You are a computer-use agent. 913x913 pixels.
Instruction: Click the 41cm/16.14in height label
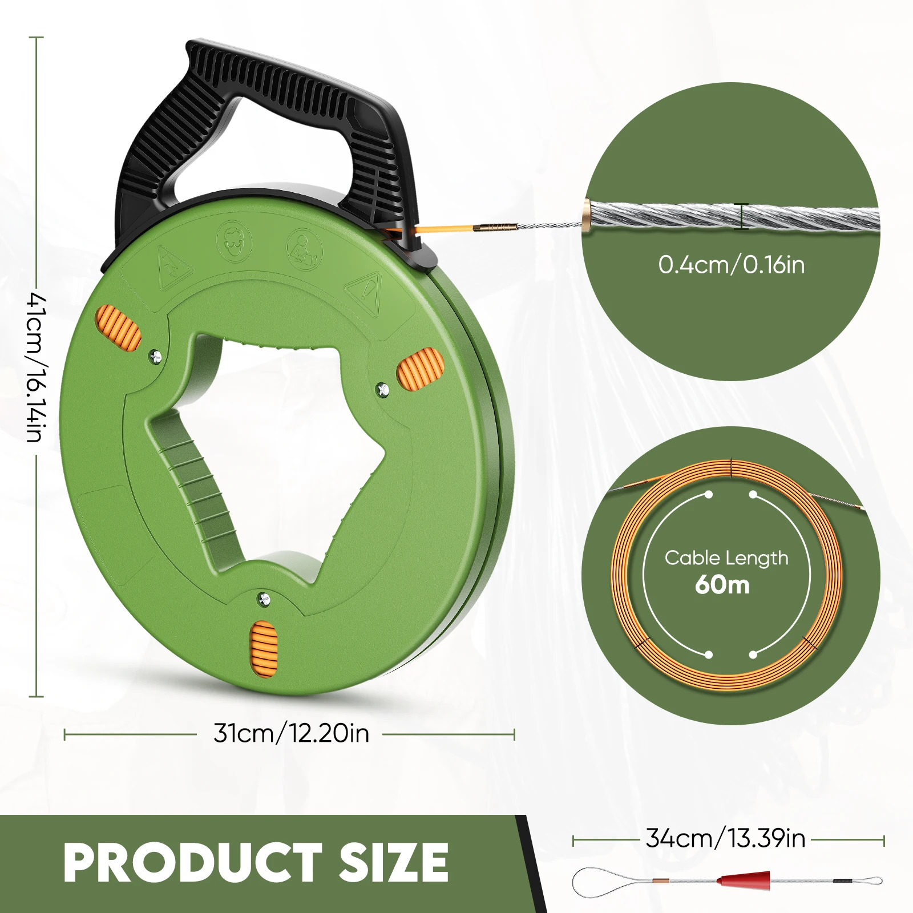pyautogui.click(x=35, y=368)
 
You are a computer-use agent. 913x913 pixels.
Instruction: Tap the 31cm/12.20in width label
pyautogui.click(x=291, y=734)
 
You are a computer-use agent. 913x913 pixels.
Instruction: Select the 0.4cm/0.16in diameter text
pyautogui.click(x=731, y=265)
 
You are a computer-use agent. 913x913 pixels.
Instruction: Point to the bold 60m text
pyautogui.click(x=722, y=585)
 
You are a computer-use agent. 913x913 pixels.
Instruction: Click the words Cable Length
pyautogui.click(x=726, y=558)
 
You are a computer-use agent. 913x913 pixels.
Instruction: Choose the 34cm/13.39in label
pyautogui.click(x=725, y=839)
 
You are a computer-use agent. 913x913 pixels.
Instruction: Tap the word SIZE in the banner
pyautogui.click(x=394, y=863)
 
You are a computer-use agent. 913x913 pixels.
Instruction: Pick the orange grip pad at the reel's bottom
pyautogui.click(x=264, y=649)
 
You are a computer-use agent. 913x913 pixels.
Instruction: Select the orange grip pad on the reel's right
pyautogui.click(x=420, y=369)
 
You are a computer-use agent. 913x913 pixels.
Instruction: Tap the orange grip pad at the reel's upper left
pyautogui.click(x=119, y=328)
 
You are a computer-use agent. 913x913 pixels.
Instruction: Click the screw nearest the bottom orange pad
pyautogui.click(x=264, y=599)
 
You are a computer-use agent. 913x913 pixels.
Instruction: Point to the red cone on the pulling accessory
pyautogui.click(x=745, y=879)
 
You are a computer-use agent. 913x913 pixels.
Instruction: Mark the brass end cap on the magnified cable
pyautogui.click(x=588, y=215)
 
